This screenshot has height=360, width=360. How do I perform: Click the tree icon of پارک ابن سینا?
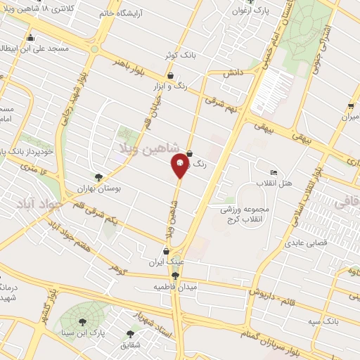(83, 321)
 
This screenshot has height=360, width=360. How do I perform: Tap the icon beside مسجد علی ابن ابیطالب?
(30, 38)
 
